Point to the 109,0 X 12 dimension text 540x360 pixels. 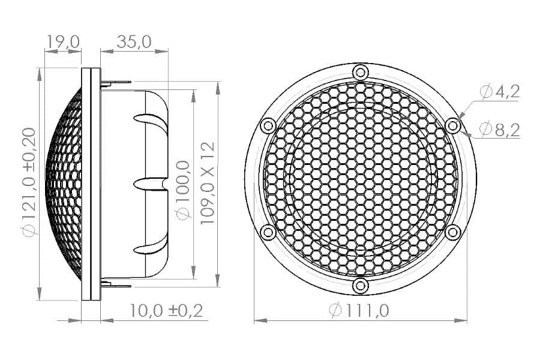(208, 183)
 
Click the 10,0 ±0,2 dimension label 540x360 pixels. (166, 310)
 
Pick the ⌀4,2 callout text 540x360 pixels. (499, 91)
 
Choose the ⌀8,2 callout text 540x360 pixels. (499, 128)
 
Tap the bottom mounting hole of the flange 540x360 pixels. (360, 286)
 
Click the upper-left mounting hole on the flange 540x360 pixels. (268, 125)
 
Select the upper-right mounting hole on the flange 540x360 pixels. (453, 125)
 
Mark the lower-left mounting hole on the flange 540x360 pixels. (268, 232)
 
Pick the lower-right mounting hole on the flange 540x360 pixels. (453, 232)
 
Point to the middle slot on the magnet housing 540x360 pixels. (148, 182)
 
